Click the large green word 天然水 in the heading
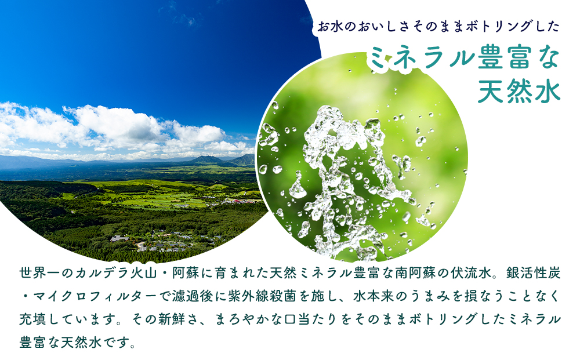click(x=519, y=91)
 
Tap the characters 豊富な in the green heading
click(x=517, y=59)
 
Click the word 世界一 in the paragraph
click(x=40, y=272)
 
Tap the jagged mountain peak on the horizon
click(x=206, y=158)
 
